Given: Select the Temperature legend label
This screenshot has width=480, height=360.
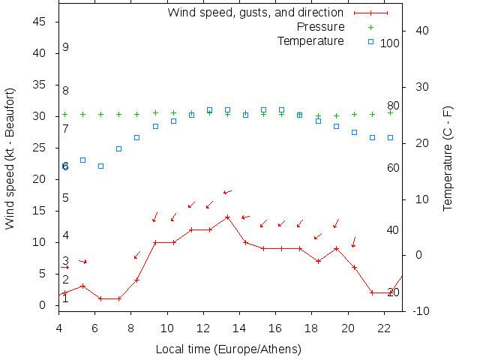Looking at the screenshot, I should pyautogui.click(x=310, y=40).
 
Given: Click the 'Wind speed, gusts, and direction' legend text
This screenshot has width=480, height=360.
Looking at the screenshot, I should pyautogui.click(x=255, y=13).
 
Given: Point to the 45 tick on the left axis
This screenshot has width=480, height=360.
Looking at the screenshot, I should pyautogui.click(x=40, y=22).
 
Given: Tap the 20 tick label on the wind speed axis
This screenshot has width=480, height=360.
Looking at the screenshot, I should pyautogui.click(x=40, y=179).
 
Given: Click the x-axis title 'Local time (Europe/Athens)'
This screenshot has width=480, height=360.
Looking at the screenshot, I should pyautogui.click(x=228, y=349).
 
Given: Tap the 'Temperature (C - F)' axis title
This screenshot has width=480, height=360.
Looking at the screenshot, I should pyautogui.click(x=448, y=157).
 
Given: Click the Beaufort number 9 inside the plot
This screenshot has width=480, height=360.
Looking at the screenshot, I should pyautogui.click(x=66, y=47).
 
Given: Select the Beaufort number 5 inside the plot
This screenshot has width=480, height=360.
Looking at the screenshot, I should pyautogui.click(x=66, y=198).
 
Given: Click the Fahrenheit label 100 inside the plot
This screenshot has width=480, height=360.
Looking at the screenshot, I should pyautogui.click(x=390, y=43).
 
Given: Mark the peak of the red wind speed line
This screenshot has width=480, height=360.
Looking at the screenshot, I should pyautogui.click(x=227, y=217).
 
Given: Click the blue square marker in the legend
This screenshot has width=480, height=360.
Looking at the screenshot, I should pyautogui.click(x=370, y=40).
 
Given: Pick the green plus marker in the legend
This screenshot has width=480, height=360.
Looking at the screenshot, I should pyautogui.click(x=370, y=27).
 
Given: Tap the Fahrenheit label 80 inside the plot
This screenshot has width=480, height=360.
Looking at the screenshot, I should pyautogui.click(x=393, y=105).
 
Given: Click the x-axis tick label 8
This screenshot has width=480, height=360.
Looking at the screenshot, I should pyautogui.click(x=131, y=328).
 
